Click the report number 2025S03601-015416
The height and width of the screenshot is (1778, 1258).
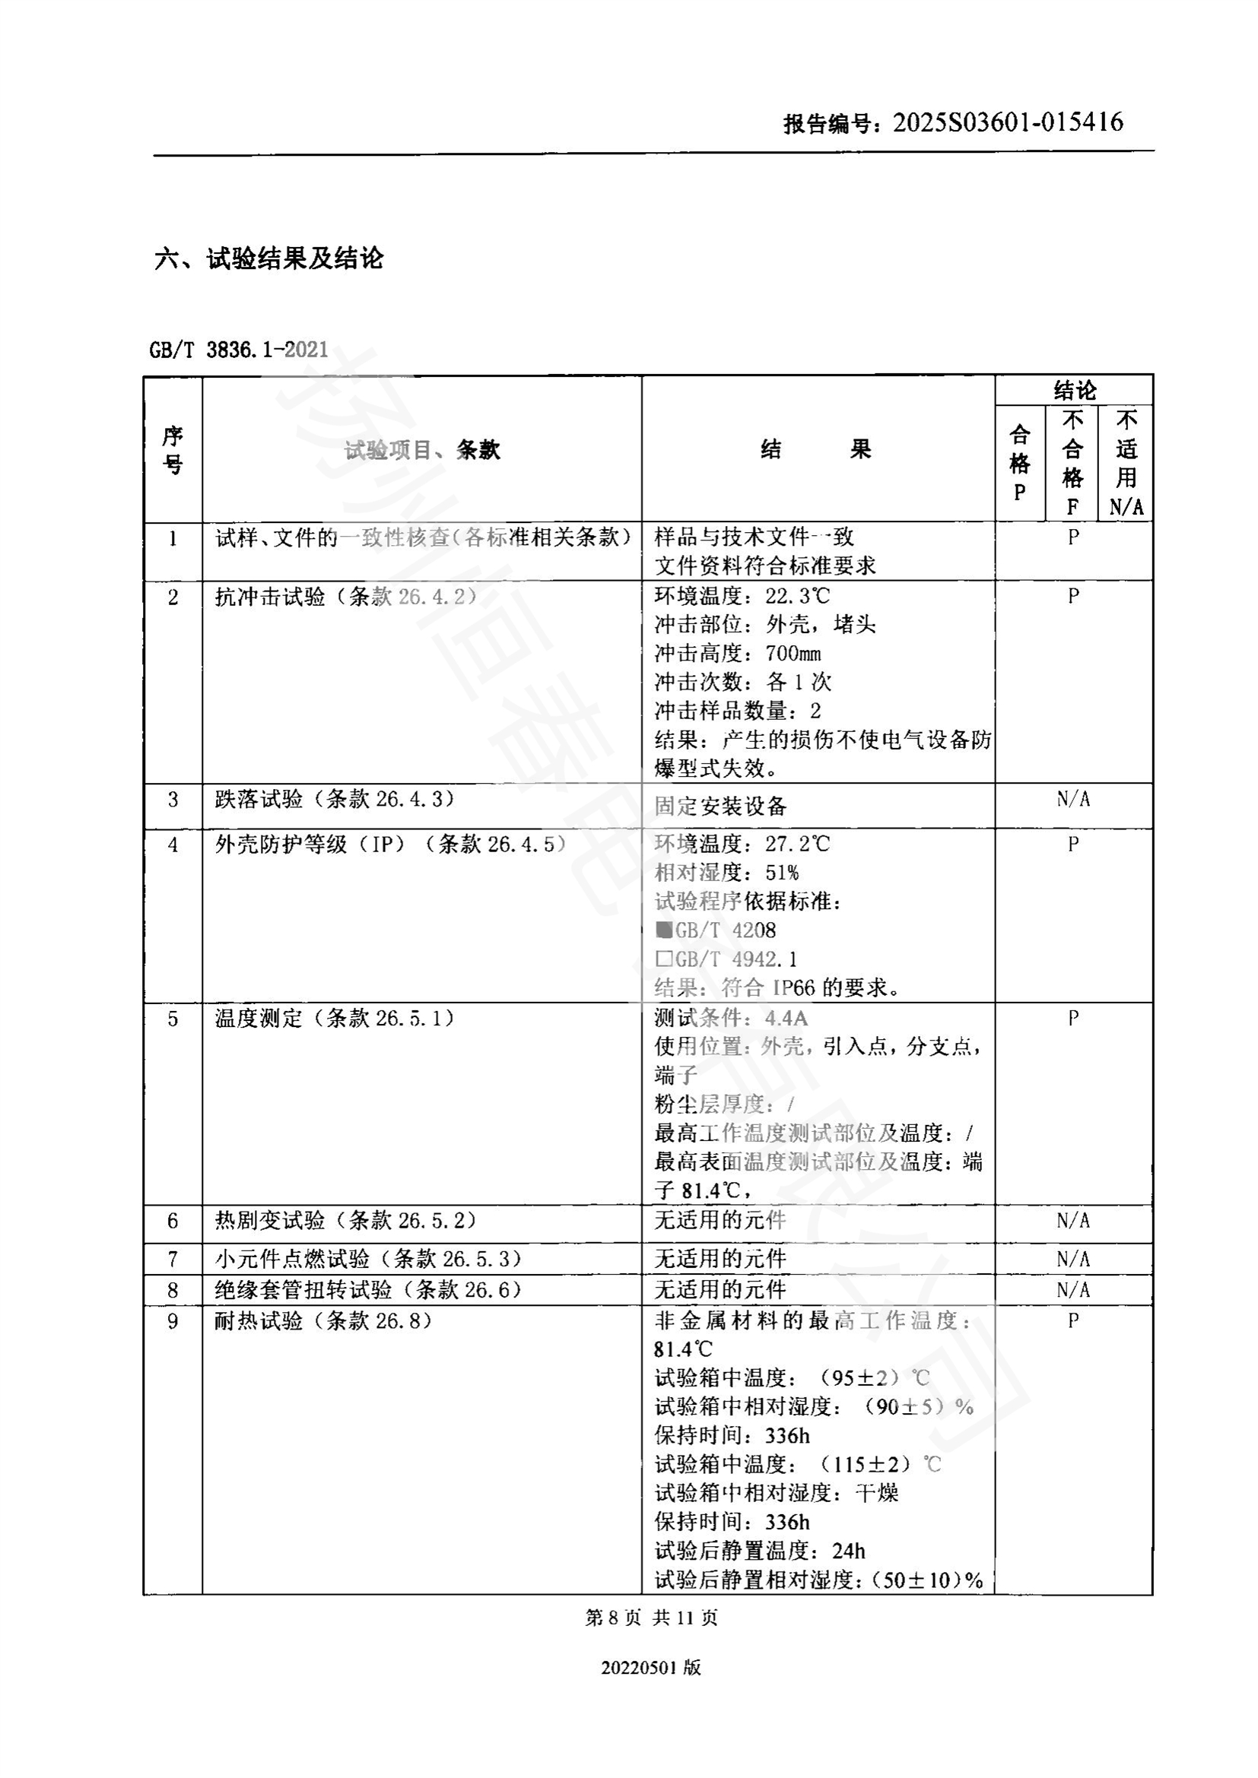(1007, 122)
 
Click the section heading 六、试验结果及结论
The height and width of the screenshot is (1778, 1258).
(268, 258)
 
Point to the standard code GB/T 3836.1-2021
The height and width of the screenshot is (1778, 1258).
(239, 350)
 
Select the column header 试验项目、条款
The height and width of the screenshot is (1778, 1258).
(422, 450)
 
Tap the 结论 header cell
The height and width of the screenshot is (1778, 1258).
(1074, 390)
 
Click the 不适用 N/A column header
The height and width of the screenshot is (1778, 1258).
(1126, 462)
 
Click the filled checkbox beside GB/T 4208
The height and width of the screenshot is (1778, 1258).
(664, 929)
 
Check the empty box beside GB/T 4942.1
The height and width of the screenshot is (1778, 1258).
(664, 959)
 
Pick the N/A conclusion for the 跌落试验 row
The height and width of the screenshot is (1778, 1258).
(1073, 799)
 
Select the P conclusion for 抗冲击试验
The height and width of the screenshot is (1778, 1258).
(1073, 596)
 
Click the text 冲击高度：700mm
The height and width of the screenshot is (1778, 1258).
(738, 654)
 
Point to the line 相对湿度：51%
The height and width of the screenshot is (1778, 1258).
(726, 873)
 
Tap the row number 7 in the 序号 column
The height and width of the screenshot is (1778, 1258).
(173, 1260)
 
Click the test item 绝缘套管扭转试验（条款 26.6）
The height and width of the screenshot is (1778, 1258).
(368, 1290)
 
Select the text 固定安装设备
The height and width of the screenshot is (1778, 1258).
(720, 806)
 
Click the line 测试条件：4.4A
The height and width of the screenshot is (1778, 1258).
(731, 1019)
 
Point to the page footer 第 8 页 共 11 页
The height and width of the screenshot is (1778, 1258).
(652, 1618)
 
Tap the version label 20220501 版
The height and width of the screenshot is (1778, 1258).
(651, 1668)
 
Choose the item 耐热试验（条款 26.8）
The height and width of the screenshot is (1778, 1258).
(323, 1321)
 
